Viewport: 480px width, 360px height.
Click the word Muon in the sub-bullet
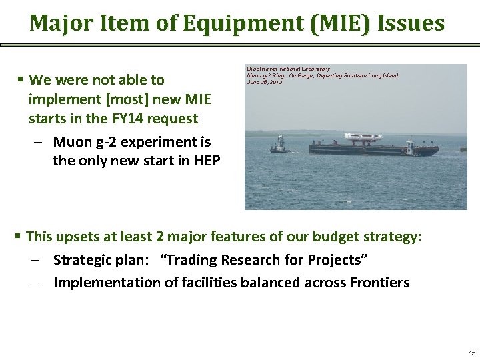pyautogui.click(x=71, y=142)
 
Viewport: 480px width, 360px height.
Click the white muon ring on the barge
pyautogui.click(x=363, y=137)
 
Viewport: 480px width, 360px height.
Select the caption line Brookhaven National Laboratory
pyautogui.click(x=288, y=69)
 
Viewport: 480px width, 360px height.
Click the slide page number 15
pyautogui.click(x=471, y=352)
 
